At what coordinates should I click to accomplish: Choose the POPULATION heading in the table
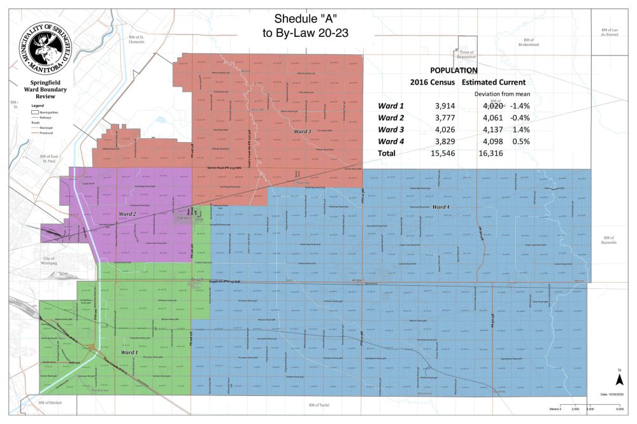coord(454,70)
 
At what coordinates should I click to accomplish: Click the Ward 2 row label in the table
coord(391,117)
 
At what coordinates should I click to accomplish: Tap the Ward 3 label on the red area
coord(302,131)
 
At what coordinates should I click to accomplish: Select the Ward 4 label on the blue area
coord(441,208)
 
